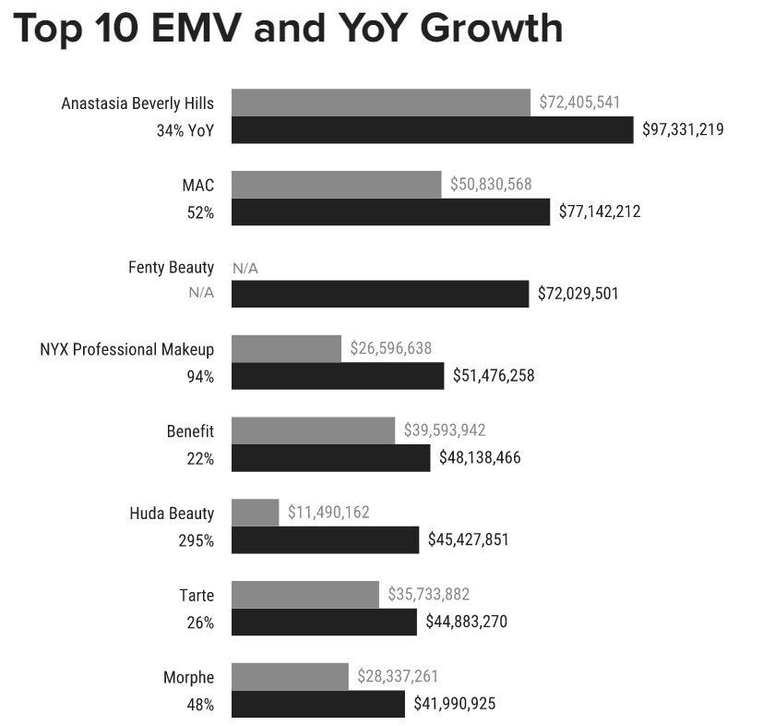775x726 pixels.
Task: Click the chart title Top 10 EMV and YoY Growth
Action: click(289, 29)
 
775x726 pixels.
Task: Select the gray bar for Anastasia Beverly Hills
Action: click(381, 103)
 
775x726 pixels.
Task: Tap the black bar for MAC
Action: click(390, 212)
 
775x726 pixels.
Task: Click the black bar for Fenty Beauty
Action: click(379, 294)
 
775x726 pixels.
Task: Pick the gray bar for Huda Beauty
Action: click(255, 512)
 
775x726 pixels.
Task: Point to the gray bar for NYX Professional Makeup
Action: click(286, 348)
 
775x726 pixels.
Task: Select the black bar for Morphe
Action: click(317, 704)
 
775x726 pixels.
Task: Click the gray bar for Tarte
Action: click(304, 594)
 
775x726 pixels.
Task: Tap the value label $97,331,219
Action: click(683, 130)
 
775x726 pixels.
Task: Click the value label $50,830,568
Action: click(491, 185)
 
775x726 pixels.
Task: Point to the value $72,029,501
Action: click(578, 294)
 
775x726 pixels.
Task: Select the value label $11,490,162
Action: click(328, 512)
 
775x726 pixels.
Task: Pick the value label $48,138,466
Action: click(480, 457)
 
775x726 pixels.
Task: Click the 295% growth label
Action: click(196, 540)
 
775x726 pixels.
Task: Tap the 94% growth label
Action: click(201, 377)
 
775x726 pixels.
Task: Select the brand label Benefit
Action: click(190, 430)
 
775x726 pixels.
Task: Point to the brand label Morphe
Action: click(189, 677)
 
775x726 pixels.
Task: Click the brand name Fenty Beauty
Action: click(171, 267)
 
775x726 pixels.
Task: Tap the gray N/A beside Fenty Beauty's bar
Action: click(245, 268)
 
